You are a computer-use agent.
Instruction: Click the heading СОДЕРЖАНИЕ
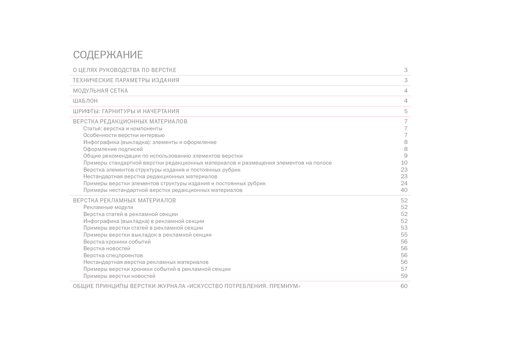(108, 55)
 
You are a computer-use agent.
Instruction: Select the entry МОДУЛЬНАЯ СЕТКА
(100, 91)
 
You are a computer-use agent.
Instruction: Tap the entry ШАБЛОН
(85, 101)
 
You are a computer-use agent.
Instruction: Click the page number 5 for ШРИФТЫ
(406, 111)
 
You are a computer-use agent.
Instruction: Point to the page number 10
(404, 163)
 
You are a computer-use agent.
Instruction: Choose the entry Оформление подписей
(113, 149)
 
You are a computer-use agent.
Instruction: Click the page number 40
(404, 190)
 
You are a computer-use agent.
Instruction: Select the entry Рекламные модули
(108, 207)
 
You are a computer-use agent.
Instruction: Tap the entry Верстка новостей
(107, 248)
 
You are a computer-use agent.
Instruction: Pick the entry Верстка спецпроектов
(113, 255)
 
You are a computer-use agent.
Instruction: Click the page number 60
(404, 286)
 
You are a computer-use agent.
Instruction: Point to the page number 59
(404, 276)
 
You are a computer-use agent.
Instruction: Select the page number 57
(404, 269)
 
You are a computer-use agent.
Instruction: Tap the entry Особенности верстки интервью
(124, 135)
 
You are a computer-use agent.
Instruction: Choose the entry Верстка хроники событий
(117, 242)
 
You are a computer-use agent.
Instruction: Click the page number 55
(404, 235)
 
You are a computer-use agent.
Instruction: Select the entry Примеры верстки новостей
(119, 276)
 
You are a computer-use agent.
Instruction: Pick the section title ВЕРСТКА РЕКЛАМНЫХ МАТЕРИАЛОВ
(124, 200)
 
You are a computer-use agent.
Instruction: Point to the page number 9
(406, 156)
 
